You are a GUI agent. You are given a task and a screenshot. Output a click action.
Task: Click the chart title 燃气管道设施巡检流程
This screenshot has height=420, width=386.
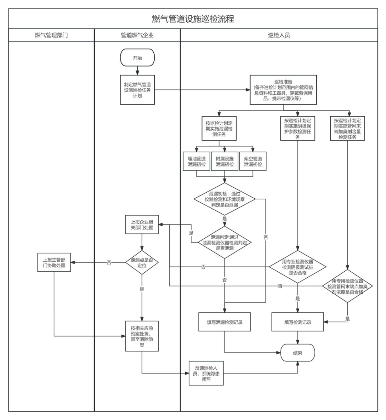click(193, 19)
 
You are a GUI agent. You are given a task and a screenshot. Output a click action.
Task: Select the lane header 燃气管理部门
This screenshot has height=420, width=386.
click(51, 35)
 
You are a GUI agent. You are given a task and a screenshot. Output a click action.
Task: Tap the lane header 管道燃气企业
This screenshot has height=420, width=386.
click(137, 35)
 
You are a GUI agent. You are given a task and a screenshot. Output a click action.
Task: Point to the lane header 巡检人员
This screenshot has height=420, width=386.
click(279, 35)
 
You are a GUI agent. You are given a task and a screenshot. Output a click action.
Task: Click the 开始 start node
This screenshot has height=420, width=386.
click(137, 58)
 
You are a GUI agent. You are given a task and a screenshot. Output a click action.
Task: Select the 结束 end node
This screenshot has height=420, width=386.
click(297, 353)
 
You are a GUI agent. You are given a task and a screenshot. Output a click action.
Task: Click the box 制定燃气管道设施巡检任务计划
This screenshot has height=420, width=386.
click(137, 90)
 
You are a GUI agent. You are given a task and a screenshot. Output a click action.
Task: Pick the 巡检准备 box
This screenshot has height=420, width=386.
click(283, 90)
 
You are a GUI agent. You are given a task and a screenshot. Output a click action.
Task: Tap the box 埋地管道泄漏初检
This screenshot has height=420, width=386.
click(197, 162)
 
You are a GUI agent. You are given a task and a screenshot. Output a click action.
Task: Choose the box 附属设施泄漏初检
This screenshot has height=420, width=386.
click(224, 162)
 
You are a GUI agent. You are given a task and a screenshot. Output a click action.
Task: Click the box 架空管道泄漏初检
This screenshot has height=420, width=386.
click(253, 162)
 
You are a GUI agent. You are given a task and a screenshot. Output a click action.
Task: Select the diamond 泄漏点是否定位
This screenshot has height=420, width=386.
click(142, 263)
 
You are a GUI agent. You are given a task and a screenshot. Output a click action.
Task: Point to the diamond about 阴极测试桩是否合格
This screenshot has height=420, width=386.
click(297, 267)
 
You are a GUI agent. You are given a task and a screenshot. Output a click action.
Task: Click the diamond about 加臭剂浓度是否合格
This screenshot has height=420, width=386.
click(347, 286)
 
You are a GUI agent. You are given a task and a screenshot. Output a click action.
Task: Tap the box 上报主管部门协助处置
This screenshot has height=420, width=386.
click(54, 263)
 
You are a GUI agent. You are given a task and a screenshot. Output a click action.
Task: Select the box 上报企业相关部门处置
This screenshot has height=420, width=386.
click(142, 224)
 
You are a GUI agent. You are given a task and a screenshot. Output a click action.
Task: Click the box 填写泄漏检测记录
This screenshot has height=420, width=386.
click(224, 322)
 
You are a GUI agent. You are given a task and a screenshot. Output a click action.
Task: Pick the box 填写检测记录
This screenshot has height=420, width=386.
click(297, 322)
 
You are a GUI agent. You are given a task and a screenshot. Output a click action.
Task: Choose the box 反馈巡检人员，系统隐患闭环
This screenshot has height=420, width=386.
click(206, 373)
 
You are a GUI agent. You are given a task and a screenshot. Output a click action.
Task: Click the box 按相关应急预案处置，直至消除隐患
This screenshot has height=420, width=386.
click(142, 336)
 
